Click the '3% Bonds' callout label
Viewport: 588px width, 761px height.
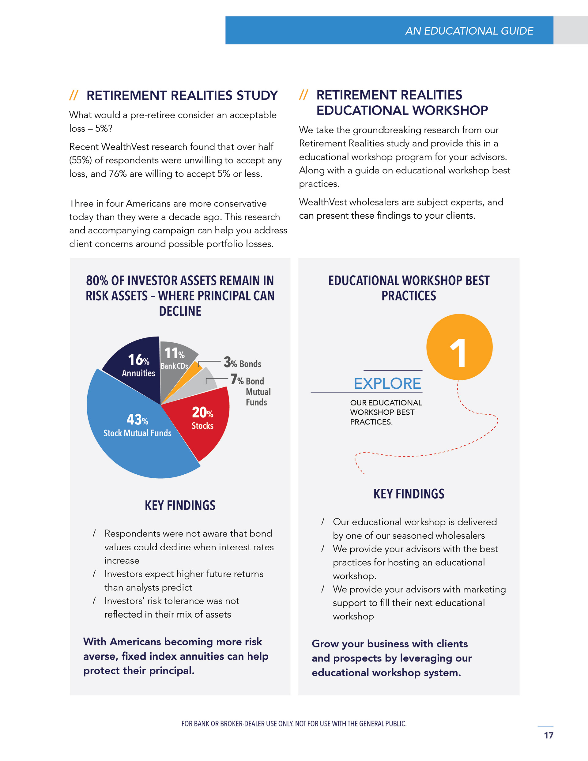coord(243,363)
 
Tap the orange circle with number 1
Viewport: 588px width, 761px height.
coord(459,347)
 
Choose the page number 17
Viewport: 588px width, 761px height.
coord(548,735)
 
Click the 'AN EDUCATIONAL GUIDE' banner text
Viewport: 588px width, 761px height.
coord(469,31)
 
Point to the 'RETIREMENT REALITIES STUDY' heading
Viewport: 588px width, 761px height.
coord(182,96)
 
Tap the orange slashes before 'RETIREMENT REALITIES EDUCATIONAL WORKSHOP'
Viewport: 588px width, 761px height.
coord(303,95)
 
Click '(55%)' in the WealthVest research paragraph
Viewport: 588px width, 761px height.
coord(81,160)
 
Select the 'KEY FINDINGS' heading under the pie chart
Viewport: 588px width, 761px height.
coord(180,505)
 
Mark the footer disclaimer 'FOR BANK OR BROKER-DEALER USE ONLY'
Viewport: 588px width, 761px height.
coord(294,724)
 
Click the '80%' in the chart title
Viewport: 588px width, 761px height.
coord(97,281)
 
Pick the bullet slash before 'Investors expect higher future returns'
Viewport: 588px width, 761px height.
coord(94,574)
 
